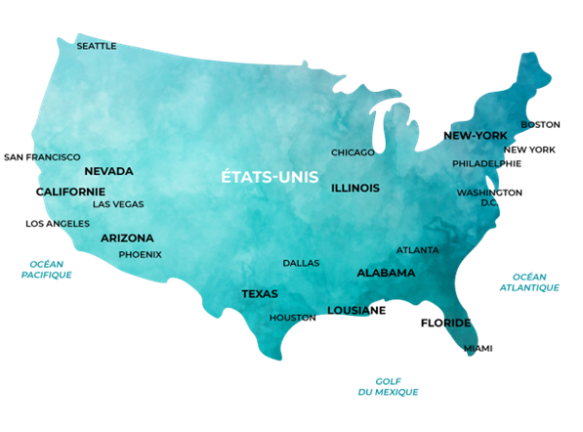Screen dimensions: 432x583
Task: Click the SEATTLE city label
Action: pos(97,46)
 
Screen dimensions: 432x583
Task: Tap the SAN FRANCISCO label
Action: pos(42,156)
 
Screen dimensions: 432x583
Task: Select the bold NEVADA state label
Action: pos(108,171)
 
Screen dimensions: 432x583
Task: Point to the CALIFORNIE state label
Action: pos(70,192)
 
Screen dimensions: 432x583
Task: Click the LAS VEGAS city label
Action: pos(118,204)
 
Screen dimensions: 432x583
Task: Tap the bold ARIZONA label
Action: pos(127,238)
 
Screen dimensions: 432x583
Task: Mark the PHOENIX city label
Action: pos(140,254)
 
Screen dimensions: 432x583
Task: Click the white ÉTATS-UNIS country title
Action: pos(263,178)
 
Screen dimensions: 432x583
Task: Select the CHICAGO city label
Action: pos(353,152)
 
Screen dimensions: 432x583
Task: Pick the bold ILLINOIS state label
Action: pos(355,187)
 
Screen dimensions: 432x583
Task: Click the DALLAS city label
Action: pos(301,263)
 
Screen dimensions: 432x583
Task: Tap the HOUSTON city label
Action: pos(293,318)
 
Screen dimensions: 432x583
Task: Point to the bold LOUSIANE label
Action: pos(356,310)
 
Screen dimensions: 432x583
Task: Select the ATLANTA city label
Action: pos(417,250)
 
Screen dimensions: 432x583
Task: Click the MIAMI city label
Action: pos(479,348)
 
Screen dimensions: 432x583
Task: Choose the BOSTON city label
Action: pos(540,124)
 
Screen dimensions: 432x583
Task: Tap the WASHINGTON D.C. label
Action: pos(489,197)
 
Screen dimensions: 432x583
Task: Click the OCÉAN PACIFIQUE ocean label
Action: pos(46,270)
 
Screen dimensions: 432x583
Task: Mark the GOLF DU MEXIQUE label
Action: pos(388,386)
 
